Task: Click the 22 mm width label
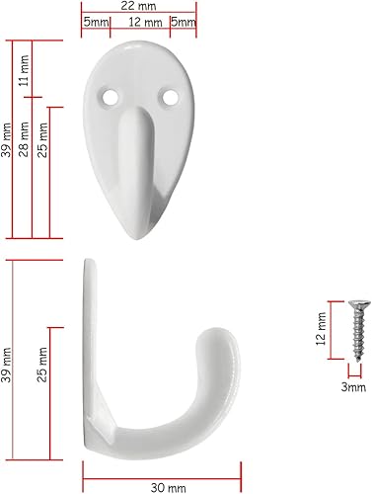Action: coord(138,6)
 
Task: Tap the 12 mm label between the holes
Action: coord(145,22)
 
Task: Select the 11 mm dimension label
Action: coord(24,70)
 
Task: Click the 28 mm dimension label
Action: coord(24,139)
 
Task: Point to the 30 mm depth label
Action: coord(168,487)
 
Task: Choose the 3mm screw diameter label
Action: coord(353,387)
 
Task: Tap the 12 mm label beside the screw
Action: coord(321,329)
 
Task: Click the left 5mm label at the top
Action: coord(96,22)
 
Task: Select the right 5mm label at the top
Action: coord(184,22)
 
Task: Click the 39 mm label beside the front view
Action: coord(6,139)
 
